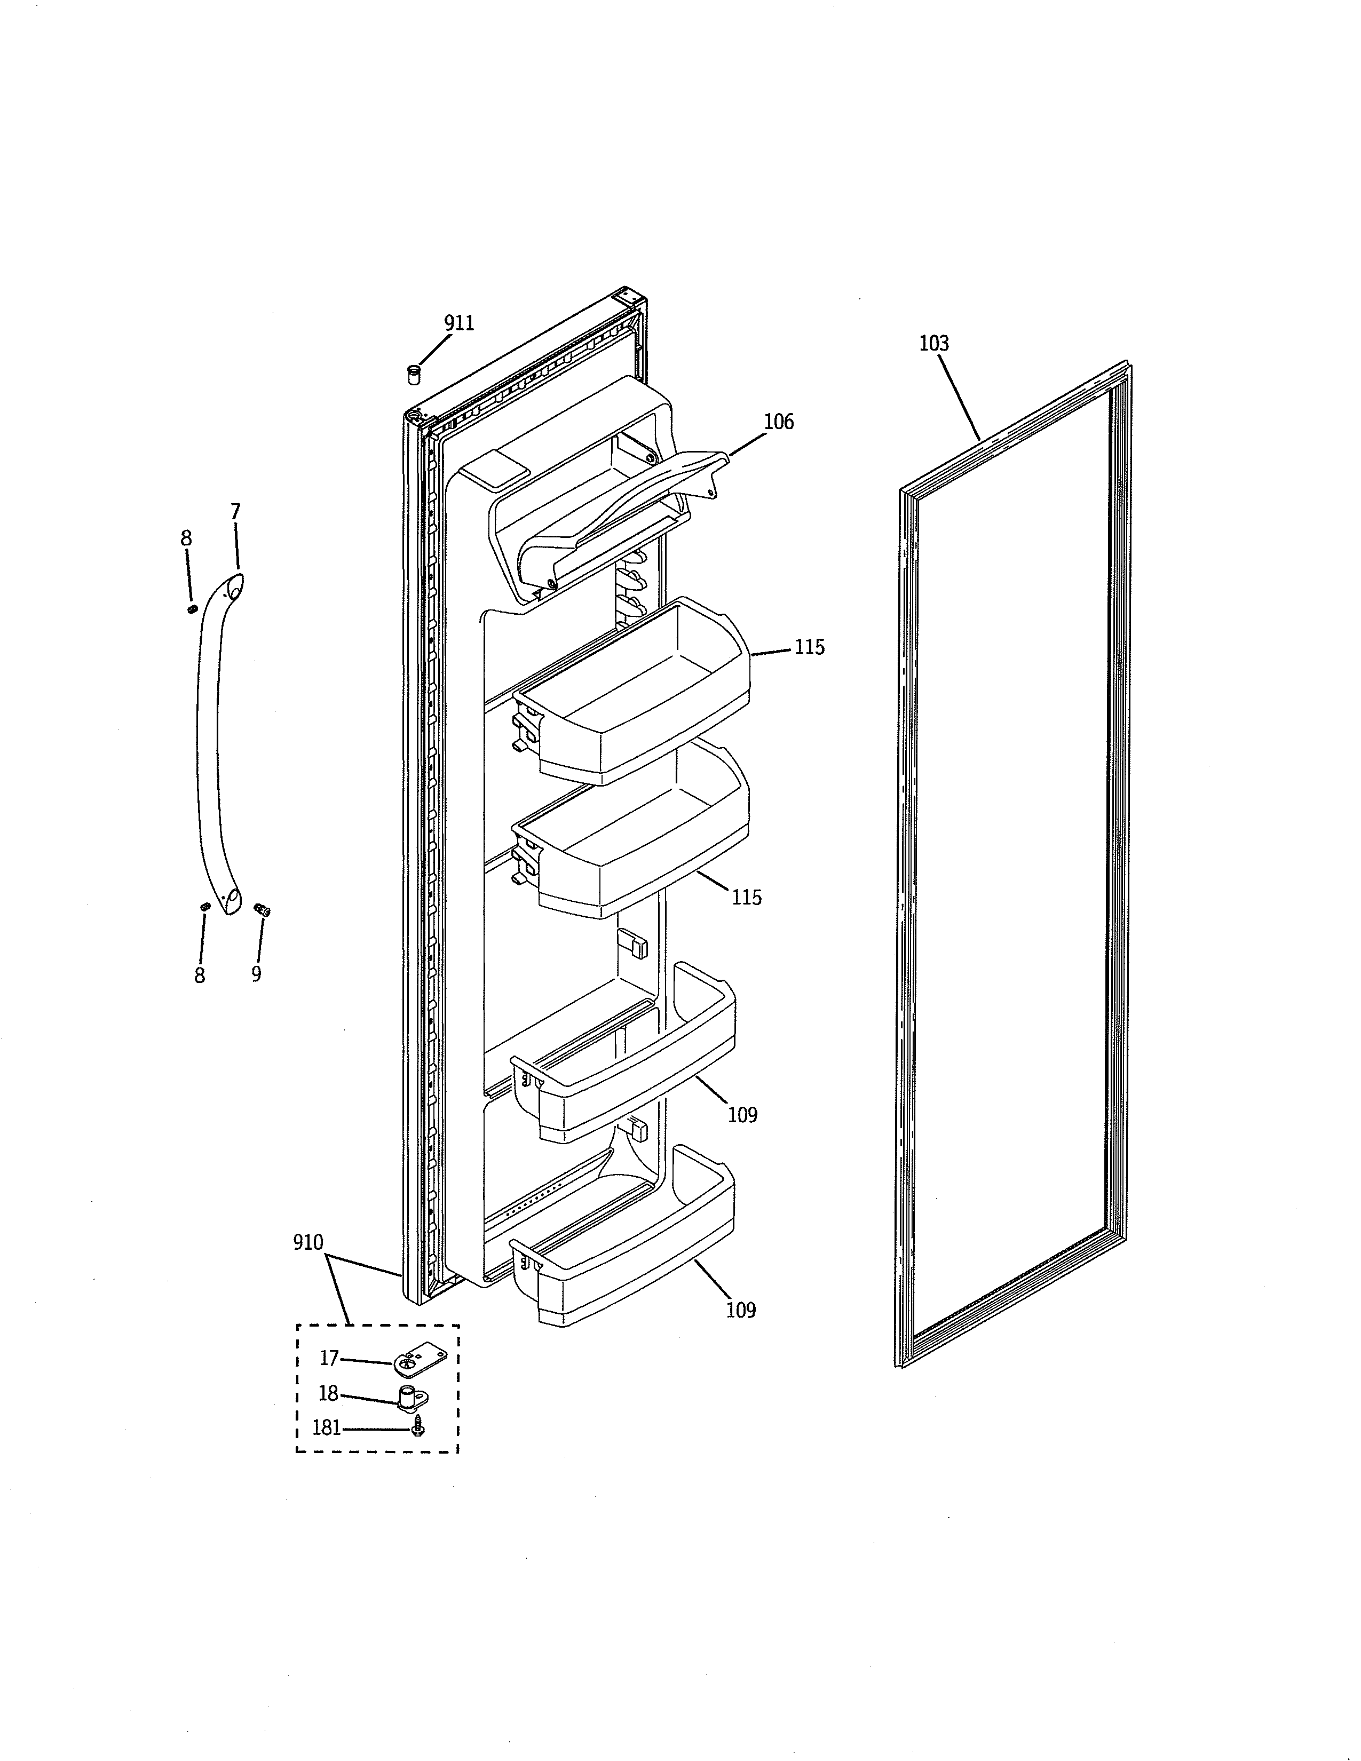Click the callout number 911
[459, 323]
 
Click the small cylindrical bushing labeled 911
[414, 375]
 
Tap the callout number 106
[779, 422]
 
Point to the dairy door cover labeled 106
[613, 516]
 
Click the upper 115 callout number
[810, 647]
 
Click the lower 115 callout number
[747, 898]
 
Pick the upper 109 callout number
[742, 1115]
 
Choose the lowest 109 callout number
[740, 1310]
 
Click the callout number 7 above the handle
[235, 512]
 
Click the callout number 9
[256, 974]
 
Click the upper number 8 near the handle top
[186, 538]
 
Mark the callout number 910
[308, 1242]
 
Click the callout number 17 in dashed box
[329, 1359]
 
